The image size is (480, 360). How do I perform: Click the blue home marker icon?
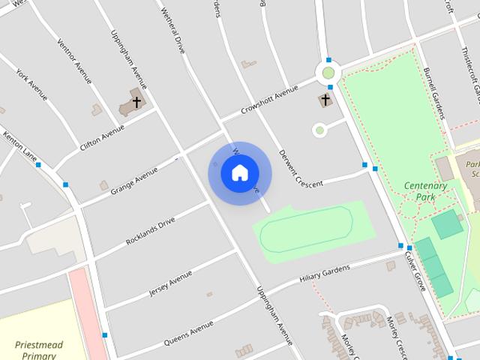239,173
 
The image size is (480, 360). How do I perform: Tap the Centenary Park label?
425,191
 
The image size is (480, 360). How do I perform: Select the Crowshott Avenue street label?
269,100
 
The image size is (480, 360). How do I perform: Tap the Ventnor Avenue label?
74,59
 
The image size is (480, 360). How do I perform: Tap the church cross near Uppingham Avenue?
136,101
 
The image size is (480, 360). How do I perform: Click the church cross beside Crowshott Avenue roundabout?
325,99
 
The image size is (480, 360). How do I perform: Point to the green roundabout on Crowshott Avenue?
328,73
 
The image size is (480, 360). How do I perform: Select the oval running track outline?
305,230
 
